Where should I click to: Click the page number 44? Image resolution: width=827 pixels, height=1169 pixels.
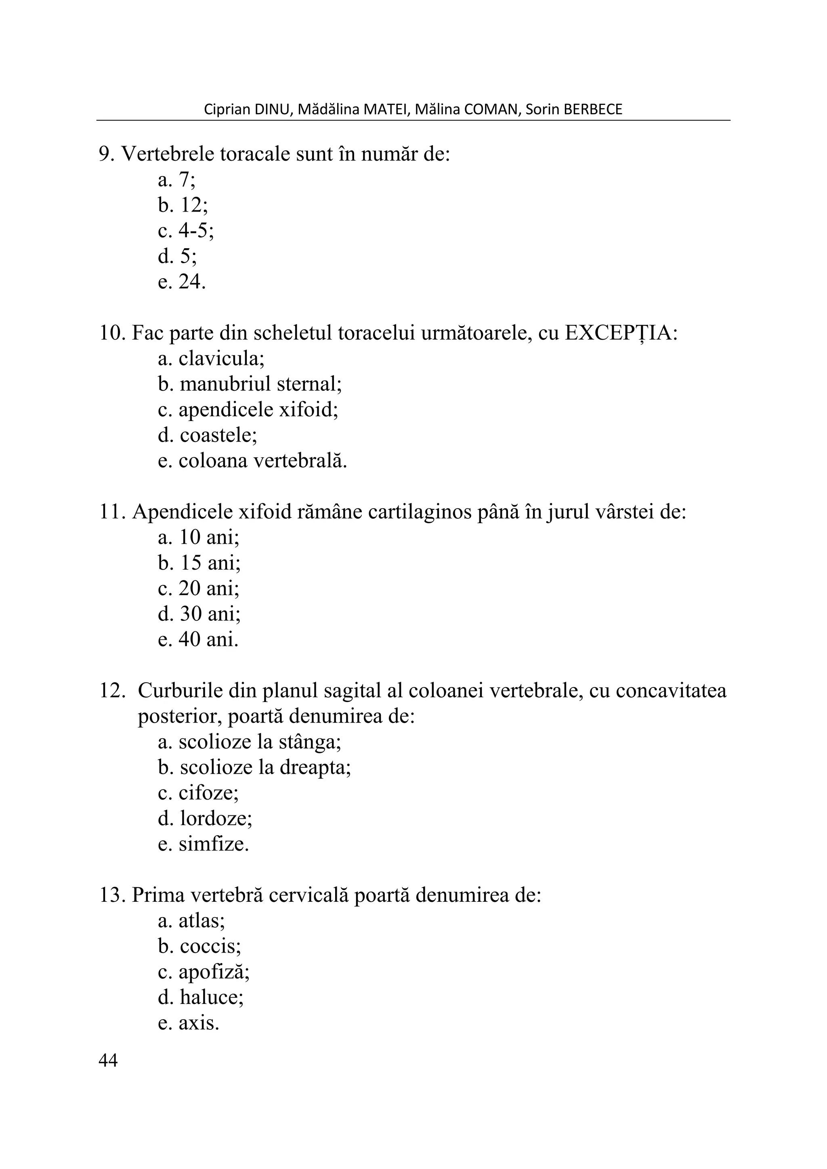pos(108,1060)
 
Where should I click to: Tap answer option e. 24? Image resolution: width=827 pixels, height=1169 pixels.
pos(182,282)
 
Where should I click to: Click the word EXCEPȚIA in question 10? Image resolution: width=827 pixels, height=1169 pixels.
pos(621,333)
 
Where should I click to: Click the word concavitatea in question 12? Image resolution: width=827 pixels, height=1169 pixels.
pos(671,691)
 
